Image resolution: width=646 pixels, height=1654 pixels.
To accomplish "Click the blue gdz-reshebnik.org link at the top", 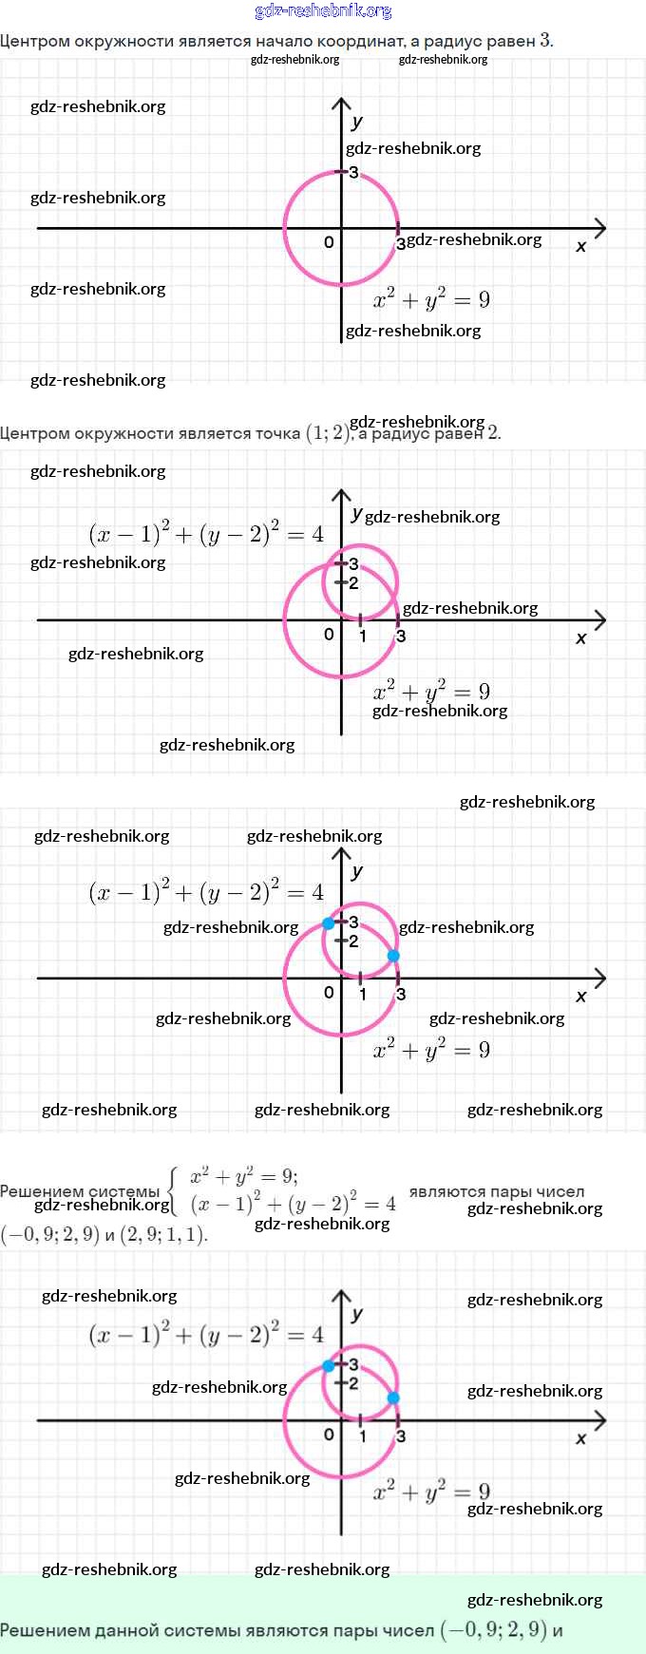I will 323,11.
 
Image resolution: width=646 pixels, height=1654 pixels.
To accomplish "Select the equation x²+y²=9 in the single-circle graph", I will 431,300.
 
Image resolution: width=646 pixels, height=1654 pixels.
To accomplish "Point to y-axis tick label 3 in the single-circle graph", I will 354,173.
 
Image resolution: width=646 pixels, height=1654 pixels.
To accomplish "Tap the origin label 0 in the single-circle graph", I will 329,242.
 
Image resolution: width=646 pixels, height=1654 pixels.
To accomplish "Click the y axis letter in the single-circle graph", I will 356,122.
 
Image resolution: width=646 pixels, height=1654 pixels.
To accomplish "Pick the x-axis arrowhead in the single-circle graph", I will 599,228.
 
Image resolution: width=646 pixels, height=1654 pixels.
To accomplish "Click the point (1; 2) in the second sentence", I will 328,433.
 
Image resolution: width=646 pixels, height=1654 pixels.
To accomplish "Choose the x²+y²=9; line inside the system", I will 243,1177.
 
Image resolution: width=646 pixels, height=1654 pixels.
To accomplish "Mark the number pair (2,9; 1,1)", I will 163,1235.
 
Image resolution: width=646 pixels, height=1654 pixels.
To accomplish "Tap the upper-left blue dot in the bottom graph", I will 329,1366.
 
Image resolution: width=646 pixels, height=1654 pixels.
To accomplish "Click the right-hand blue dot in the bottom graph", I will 393,1398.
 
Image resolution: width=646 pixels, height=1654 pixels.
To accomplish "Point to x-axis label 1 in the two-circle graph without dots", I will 363,636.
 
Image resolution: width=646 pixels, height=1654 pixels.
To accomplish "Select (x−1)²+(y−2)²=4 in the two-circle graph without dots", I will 206,535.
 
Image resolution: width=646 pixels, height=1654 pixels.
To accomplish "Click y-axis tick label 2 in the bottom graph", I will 354,1383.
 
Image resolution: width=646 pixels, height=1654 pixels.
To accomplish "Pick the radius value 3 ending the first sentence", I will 545,40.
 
